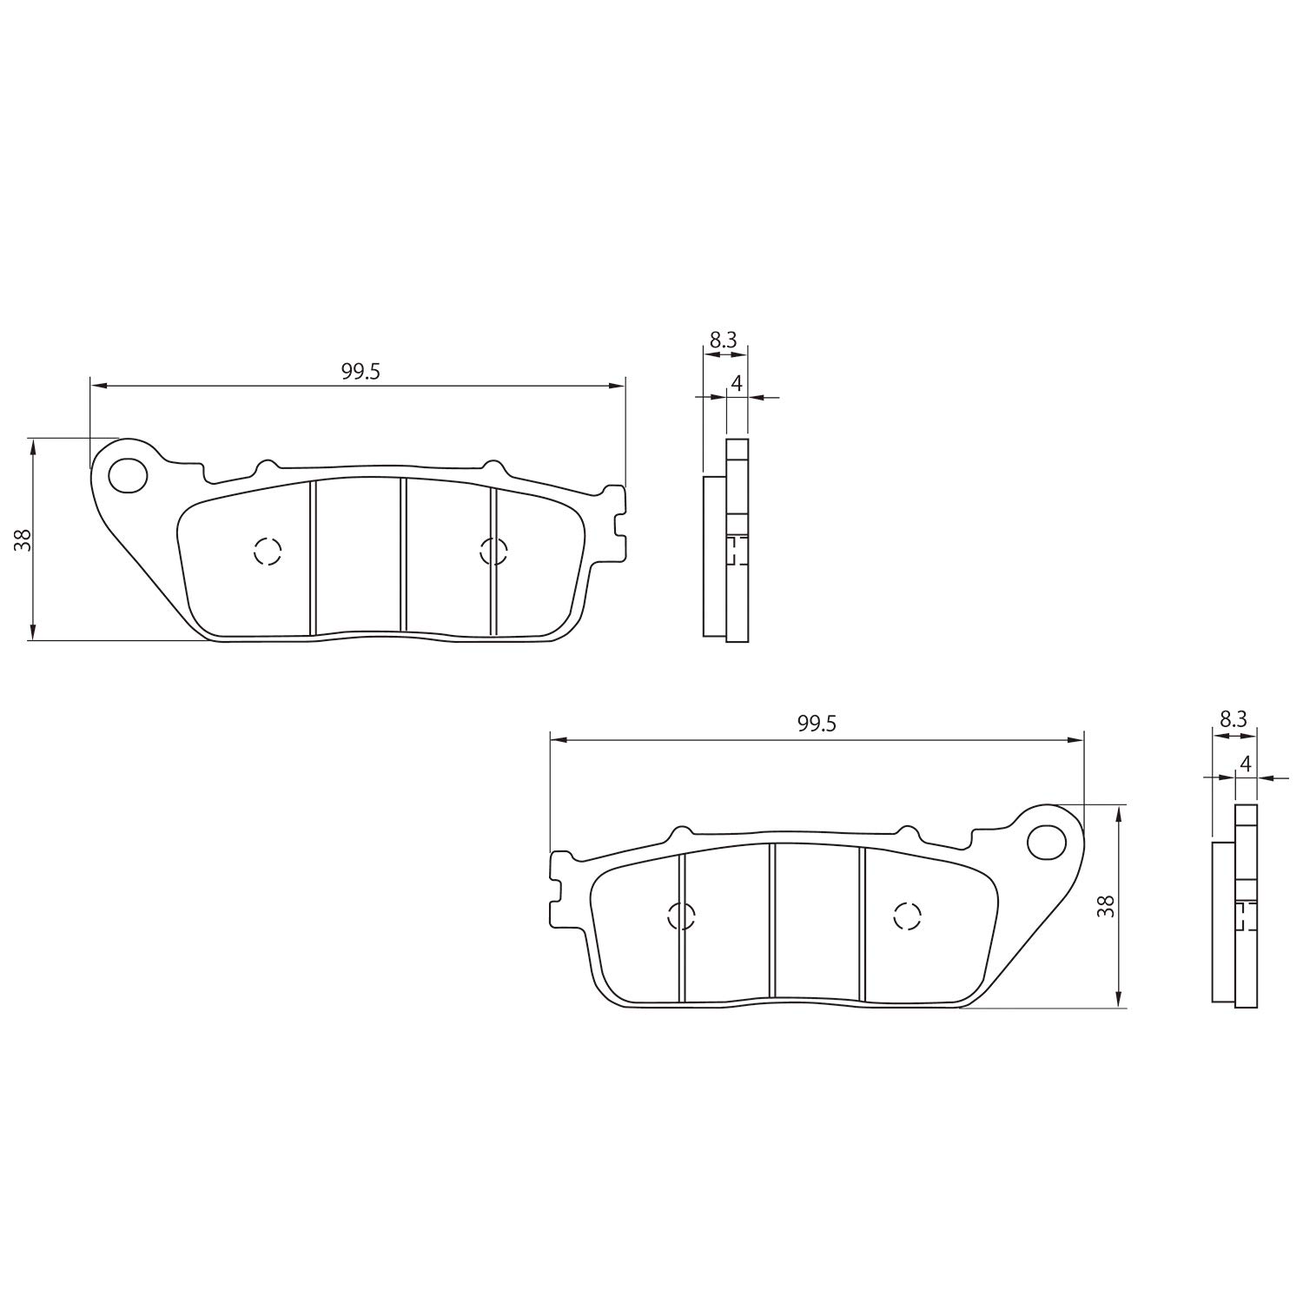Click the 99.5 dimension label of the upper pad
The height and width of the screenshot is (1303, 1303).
[x=360, y=372]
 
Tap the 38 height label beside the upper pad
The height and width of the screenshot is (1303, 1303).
[x=23, y=539]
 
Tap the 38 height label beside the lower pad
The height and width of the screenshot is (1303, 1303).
[x=1106, y=906]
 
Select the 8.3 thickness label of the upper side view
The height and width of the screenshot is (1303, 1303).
[x=723, y=341]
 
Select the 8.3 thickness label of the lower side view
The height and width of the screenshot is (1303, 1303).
[x=1234, y=718]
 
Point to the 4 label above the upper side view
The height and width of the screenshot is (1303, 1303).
[x=736, y=383]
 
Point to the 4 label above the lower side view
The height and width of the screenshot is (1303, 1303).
[x=1246, y=764]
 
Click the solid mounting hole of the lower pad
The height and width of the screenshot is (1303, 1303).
[x=1046, y=841]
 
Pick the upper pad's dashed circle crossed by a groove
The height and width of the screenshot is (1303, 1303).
[x=493, y=551]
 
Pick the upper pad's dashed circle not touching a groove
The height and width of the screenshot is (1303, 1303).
[x=268, y=551]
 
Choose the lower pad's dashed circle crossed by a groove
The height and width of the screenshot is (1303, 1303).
[x=682, y=916]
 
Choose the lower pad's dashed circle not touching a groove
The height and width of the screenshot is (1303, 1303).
[x=907, y=916]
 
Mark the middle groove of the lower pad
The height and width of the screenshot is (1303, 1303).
[x=771, y=921]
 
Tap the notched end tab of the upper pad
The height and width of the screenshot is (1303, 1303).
[x=617, y=525]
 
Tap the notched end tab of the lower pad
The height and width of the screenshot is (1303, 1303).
[x=559, y=890]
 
